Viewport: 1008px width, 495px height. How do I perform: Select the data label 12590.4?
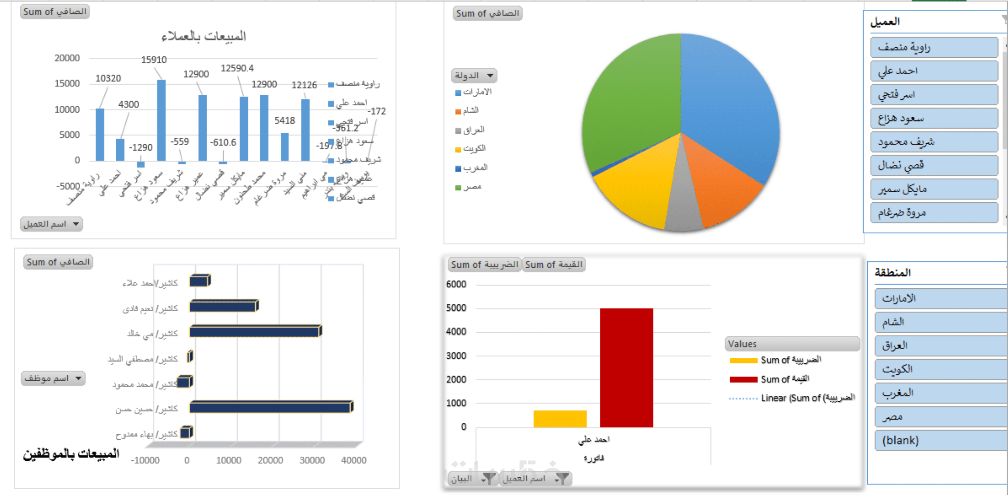(x=237, y=68)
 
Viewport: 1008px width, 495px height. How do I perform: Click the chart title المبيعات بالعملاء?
(x=204, y=36)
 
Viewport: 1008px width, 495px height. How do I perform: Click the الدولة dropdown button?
(x=474, y=76)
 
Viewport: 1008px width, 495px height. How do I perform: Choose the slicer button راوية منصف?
(x=933, y=48)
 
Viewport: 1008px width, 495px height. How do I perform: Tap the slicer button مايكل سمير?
(x=933, y=189)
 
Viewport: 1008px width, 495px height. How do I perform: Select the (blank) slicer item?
(x=939, y=440)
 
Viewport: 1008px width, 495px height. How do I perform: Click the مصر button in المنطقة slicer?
(x=939, y=417)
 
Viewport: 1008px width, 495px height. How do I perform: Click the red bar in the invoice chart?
(x=626, y=367)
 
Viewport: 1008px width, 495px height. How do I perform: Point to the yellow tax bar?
(x=560, y=419)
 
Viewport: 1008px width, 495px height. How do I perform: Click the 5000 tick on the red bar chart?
(x=456, y=308)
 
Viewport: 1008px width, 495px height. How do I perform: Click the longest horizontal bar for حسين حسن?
(x=270, y=407)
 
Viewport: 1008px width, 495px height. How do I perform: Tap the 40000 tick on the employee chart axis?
(x=354, y=460)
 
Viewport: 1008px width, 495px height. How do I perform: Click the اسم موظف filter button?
(x=53, y=378)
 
